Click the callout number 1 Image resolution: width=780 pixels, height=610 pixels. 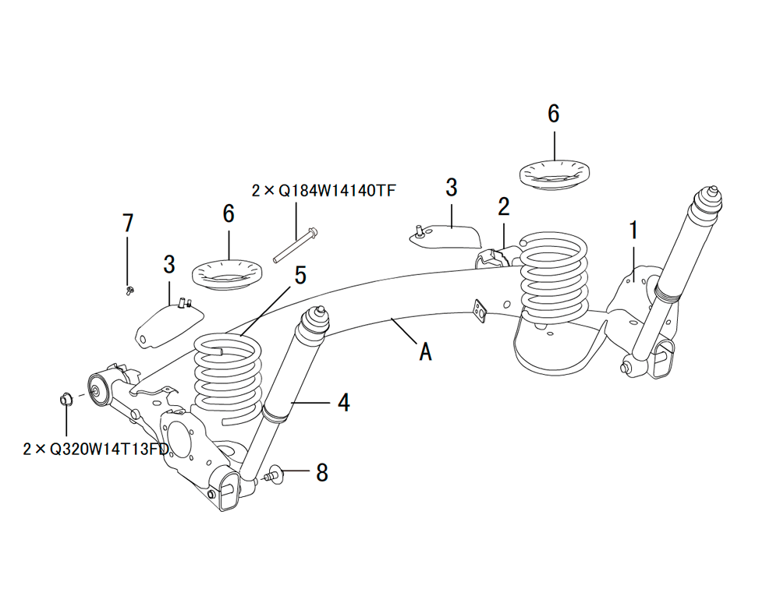click(634, 230)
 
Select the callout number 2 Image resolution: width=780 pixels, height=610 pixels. click(504, 206)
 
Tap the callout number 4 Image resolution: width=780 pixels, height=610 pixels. click(343, 402)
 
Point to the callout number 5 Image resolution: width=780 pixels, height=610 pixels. click(300, 276)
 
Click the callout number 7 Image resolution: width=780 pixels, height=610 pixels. click(128, 223)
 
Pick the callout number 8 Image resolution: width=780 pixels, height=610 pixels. click(322, 472)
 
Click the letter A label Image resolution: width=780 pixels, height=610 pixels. click(425, 352)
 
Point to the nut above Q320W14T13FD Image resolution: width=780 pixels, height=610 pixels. click(66, 400)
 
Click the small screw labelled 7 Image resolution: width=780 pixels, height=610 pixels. click(129, 291)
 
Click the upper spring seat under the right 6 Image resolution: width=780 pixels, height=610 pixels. click(554, 171)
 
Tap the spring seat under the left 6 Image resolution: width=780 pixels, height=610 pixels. click(227, 274)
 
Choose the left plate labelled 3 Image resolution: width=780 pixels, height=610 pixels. click(167, 323)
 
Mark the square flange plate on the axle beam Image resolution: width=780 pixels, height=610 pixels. click(479, 310)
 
